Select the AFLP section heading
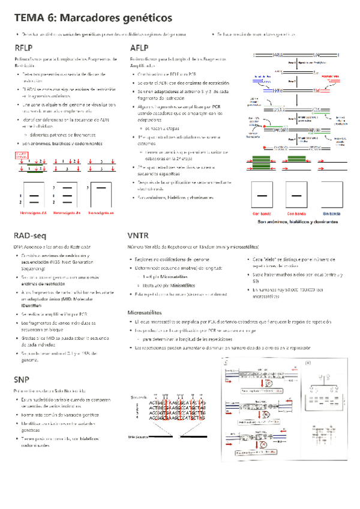139,48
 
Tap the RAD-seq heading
31,235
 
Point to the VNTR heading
140,235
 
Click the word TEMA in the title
29,19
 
